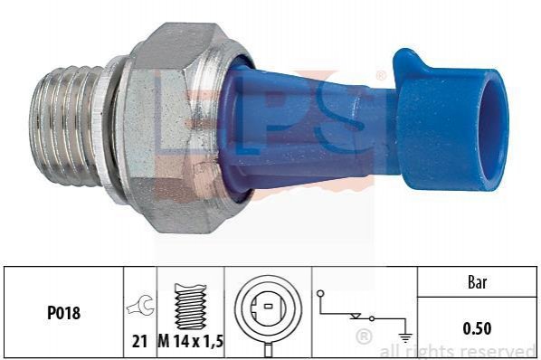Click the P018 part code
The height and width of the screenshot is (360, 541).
tap(63, 313)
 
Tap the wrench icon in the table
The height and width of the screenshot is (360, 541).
tap(141, 305)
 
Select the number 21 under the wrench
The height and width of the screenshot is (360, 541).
tap(139, 341)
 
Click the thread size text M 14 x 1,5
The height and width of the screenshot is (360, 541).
tap(191, 341)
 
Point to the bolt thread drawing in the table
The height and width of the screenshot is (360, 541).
tap(191, 307)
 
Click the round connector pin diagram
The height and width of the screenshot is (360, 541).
tap(268, 311)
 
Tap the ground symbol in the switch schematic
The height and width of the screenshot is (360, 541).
tap(405, 337)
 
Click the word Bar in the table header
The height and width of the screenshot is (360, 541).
tap(477, 282)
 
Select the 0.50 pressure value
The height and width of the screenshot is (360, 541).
tap(477, 328)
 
